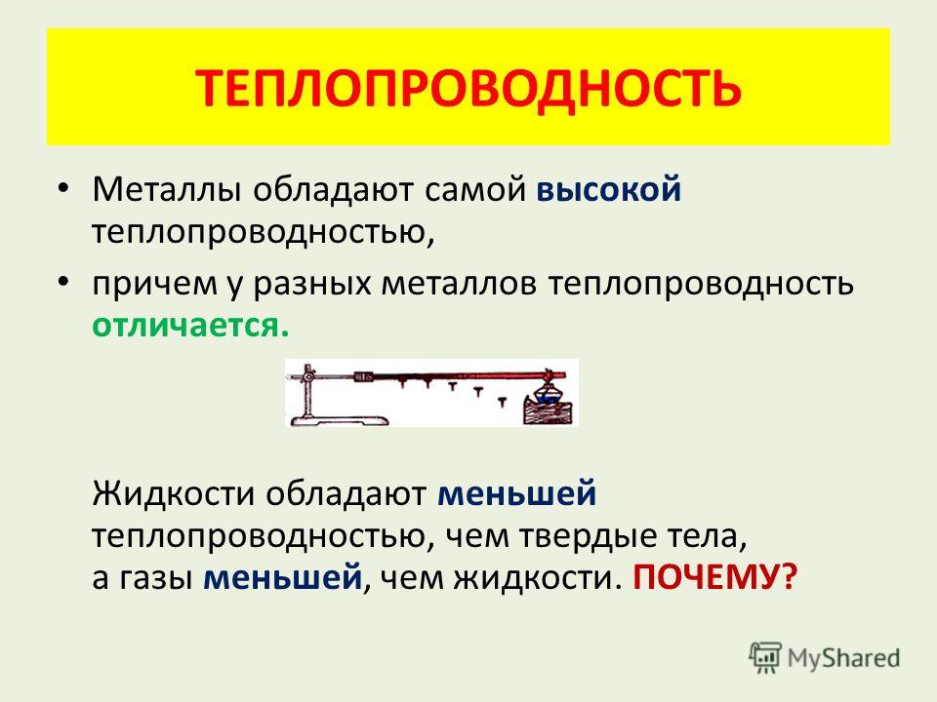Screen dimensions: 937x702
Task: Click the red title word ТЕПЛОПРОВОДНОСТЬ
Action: click(468, 89)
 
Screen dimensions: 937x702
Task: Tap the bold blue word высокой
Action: click(609, 190)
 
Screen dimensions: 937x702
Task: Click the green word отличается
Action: click(190, 326)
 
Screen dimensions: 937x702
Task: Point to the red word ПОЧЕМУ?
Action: click(715, 577)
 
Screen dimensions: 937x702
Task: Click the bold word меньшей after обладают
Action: click(517, 494)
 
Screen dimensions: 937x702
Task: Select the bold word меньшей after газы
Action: click(283, 577)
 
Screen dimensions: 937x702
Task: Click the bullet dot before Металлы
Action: click(63, 189)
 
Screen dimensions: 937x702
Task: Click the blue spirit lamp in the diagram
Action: click(548, 393)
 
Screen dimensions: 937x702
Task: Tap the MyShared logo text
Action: click(843, 658)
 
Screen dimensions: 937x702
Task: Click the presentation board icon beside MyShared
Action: click(765, 657)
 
